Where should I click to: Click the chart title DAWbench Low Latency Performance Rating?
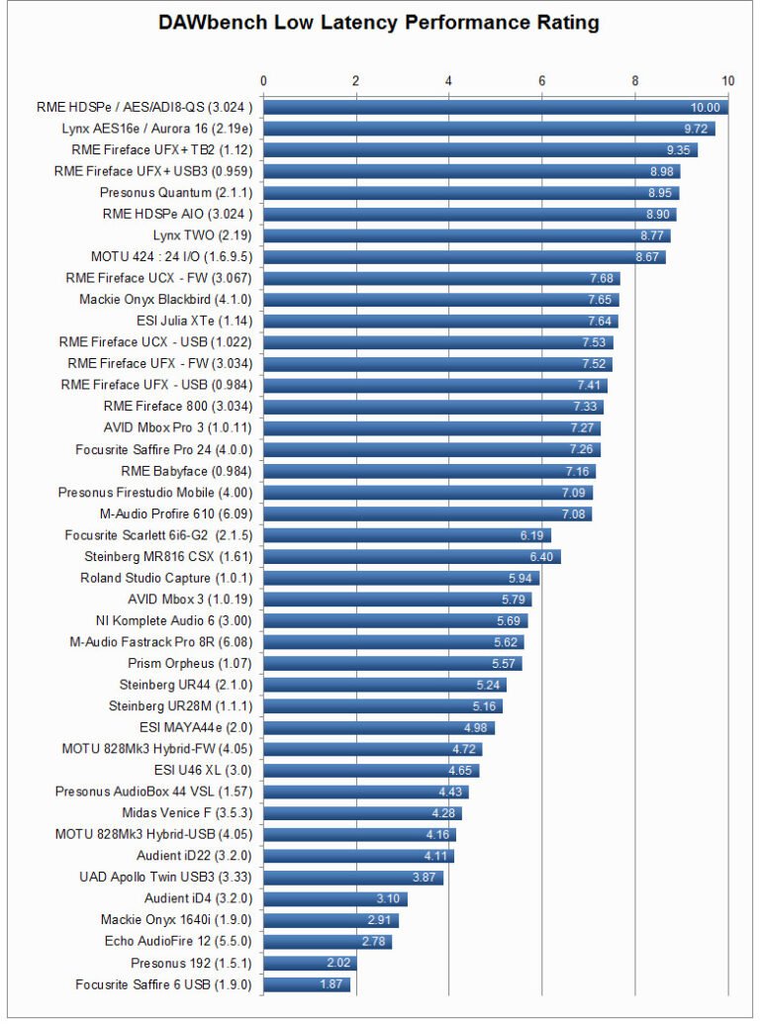[x=380, y=23]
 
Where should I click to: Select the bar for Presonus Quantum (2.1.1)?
[x=471, y=193]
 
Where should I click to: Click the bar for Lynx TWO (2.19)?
[x=466, y=235]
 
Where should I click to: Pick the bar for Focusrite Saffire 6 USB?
[x=307, y=984]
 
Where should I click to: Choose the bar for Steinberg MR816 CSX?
[x=412, y=557]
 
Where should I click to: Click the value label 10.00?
[x=706, y=108]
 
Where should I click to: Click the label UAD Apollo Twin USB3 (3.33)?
[x=165, y=878]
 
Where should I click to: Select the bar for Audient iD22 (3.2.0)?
[x=358, y=856]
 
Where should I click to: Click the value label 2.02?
[x=337, y=964]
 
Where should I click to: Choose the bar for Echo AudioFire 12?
[x=328, y=942]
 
